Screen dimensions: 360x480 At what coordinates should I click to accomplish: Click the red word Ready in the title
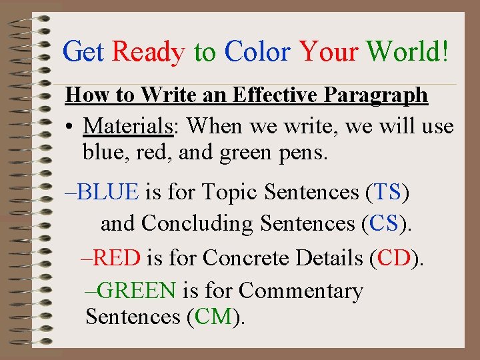click(149, 51)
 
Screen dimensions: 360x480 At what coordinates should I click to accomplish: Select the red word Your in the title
click(329, 51)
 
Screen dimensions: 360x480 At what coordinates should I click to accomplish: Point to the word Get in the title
click(83, 51)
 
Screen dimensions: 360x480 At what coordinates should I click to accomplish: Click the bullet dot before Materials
click(69, 126)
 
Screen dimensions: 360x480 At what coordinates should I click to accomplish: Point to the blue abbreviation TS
click(387, 192)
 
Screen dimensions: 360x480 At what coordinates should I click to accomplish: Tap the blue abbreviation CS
click(383, 223)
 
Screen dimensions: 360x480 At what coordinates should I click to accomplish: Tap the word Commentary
click(301, 291)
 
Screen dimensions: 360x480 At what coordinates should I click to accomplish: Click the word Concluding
click(197, 223)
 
